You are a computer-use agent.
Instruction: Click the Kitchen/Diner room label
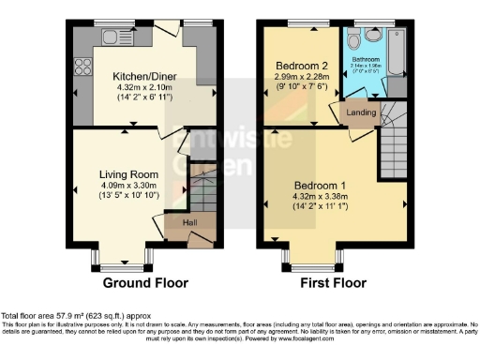(142, 75)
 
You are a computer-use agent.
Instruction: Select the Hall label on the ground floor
(189, 222)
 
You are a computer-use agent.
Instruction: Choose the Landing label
(362, 115)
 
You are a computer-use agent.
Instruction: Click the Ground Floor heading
(145, 282)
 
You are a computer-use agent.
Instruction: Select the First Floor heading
(334, 282)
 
